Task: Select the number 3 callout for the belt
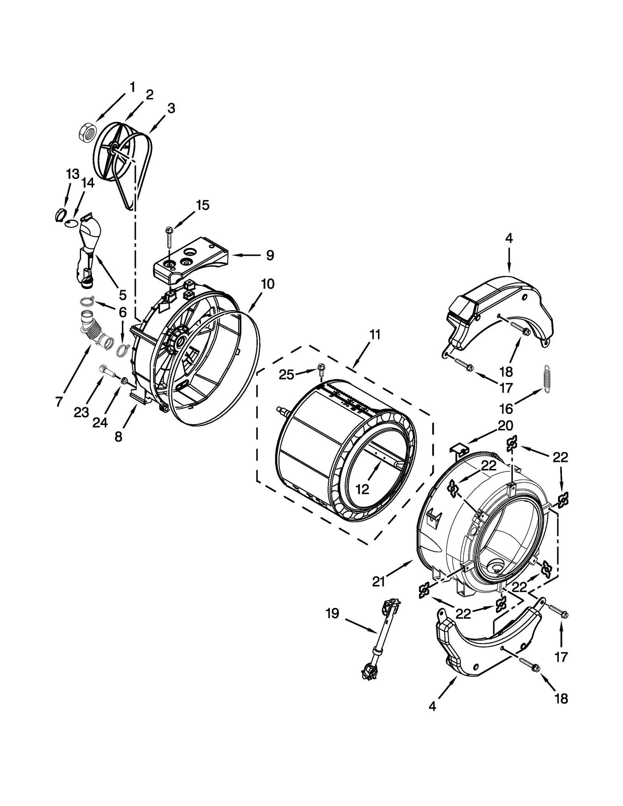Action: coord(171,108)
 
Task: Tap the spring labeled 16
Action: coord(548,379)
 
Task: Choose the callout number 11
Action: coord(375,335)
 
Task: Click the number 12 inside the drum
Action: coord(362,489)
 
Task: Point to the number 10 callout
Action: coord(268,284)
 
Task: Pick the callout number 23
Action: coord(81,412)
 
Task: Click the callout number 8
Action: coord(118,437)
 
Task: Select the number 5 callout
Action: coord(123,295)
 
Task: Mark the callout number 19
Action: coord(332,614)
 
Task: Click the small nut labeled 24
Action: coord(124,380)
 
